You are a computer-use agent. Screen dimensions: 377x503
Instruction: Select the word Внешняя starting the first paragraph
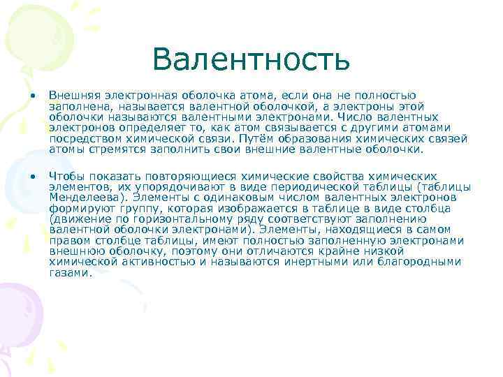coord(72,94)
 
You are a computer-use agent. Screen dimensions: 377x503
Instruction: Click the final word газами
coord(70,273)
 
